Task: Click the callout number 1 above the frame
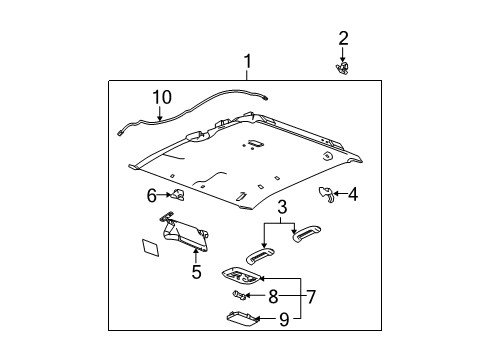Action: [247, 62]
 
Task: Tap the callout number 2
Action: [343, 38]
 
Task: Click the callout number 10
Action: [162, 97]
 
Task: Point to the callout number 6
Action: [152, 196]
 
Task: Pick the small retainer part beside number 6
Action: [178, 194]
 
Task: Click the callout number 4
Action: [353, 194]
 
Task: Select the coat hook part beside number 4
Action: [327, 194]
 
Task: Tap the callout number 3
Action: [282, 207]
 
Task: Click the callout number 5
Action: [197, 272]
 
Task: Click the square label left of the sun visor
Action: [150, 248]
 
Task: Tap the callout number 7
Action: [311, 297]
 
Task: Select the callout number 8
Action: [273, 296]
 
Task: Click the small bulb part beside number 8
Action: [240, 295]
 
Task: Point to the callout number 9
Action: [284, 320]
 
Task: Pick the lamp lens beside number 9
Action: [243, 318]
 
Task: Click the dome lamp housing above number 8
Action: [241, 275]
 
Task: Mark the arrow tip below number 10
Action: [160, 120]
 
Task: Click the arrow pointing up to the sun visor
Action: [196, 256]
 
